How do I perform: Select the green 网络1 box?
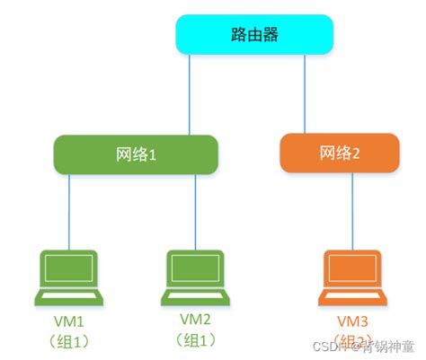click(x=136, y=154)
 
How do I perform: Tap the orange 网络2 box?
click(x=339, y=154)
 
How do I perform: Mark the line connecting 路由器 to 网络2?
click(x=305, y=93)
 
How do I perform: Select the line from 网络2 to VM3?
click(x=353, y=210)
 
